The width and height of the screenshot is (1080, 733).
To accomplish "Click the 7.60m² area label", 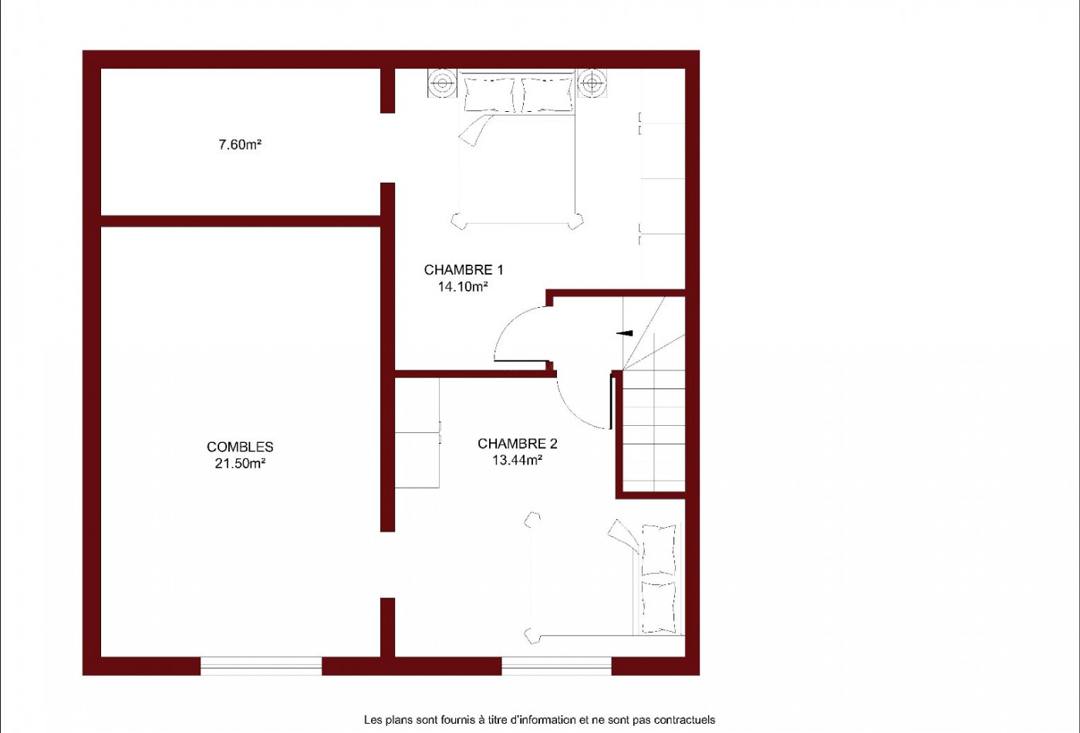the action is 240,144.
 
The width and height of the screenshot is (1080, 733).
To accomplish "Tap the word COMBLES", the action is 240,447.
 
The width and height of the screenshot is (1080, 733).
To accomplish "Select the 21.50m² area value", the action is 240,463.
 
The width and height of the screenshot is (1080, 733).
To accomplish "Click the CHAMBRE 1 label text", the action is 464,269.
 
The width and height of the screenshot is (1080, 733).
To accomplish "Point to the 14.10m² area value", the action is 463,286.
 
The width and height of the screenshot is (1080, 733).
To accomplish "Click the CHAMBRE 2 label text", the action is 518,443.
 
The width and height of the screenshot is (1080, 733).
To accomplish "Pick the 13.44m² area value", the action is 518,460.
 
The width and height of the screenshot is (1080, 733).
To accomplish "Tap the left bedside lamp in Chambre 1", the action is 442,83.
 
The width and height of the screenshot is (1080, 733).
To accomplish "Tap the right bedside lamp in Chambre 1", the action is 592,83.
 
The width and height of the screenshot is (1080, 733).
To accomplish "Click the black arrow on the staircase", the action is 625,333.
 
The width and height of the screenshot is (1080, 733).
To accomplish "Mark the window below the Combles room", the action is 261,665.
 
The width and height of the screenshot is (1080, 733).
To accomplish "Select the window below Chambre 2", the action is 556,665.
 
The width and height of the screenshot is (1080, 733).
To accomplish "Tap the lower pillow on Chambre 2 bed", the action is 659,607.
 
